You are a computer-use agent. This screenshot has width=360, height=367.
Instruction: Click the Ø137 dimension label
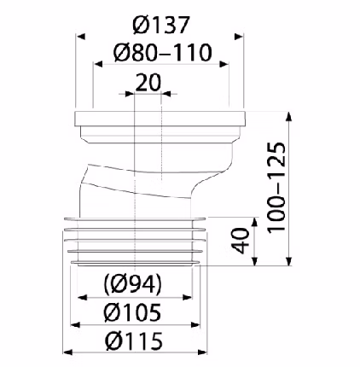[160, 25]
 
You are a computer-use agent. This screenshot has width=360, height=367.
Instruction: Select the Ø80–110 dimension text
[163, 53]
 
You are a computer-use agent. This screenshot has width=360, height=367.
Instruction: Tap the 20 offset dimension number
[148, 83]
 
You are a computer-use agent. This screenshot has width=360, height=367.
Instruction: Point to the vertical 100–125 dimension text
[276, 187]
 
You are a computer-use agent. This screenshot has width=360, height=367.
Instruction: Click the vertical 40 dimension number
[240, 241]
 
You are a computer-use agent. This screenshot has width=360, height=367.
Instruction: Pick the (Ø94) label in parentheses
[133, 284]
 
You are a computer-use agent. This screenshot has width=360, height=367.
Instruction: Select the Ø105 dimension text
[132, 312]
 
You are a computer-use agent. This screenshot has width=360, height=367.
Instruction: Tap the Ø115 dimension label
[134, 341]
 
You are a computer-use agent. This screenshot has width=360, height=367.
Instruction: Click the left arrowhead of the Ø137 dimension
[81, 37]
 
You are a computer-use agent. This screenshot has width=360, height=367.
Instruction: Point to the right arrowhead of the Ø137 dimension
[239, 37]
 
